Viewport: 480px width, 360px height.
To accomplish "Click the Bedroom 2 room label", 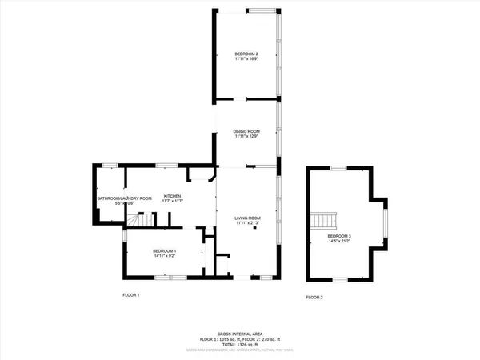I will click(x=246, y=53).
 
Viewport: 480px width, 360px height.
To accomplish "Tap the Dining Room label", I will click(x=246, y=131).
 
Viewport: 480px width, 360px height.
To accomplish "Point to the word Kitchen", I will click(x=173, y=196).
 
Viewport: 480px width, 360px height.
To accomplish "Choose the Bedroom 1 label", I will click(x=165, y=250).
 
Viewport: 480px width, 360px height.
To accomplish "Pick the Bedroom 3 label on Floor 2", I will click(x=339, y=236).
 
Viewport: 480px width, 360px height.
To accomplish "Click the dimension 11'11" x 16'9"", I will click(x=246, y=58).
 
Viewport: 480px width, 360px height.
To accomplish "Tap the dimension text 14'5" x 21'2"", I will click(x=339, y=242).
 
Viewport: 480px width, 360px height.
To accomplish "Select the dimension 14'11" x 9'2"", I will click(x=165, y=256).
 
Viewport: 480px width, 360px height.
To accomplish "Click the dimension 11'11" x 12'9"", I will click(x=246, y=137).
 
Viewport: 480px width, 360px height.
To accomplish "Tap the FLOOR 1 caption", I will click(x=130, y=296).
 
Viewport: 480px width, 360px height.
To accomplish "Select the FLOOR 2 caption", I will click(x=314, y=297).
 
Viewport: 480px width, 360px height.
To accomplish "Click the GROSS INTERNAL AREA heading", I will click(x=240, y=334).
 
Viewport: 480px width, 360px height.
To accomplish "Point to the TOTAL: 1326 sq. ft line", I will click(x=240, y=345).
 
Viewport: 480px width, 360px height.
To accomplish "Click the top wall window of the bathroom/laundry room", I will click(x=110, y=166).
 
